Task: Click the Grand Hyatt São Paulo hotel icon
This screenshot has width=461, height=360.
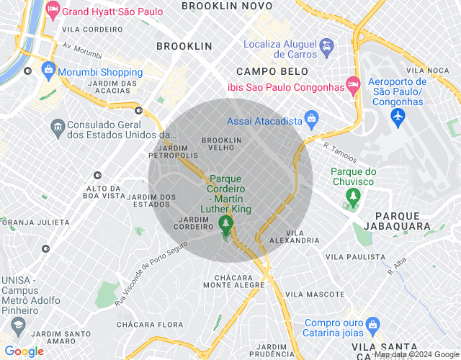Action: [x=52, y=12]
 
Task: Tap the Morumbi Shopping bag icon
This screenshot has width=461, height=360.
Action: [x=48, y=71]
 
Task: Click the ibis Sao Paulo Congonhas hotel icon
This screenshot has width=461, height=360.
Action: [x=352, y=85]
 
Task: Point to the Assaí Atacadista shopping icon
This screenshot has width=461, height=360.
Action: [x=311, y=118]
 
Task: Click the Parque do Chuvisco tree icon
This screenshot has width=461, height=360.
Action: [x=352, y=195]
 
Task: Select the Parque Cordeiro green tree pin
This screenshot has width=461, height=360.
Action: [x=226, y=225]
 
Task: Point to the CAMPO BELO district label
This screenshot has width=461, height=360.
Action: [x=272, y=71]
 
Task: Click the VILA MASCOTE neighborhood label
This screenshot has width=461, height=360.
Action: [x=315, y=294]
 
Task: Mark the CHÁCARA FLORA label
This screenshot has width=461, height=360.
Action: [x=150, y=325]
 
